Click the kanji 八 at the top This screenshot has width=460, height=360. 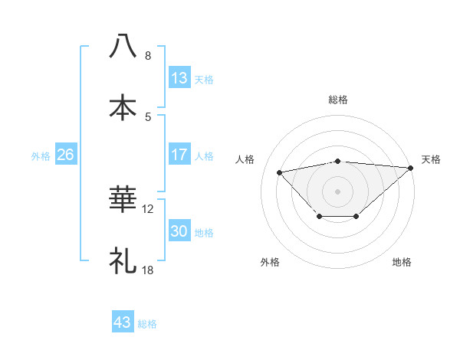123,46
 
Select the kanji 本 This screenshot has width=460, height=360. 123,107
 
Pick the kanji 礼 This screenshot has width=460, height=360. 123,261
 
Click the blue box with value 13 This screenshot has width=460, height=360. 179,78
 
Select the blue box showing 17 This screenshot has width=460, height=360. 179,155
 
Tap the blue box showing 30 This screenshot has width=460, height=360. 179,231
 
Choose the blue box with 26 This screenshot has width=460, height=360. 66,155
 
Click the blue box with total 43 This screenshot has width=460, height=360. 123,322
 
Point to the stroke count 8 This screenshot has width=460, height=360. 148,56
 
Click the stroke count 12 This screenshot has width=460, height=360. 149,208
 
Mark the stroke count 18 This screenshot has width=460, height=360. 149,270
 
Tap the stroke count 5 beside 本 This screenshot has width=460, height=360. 148,117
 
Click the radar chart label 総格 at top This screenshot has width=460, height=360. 338,100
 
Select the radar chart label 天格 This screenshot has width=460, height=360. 431,159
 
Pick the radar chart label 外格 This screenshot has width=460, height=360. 269,262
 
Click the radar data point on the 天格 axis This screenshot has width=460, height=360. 411,168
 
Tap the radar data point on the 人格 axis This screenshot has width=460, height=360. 280,172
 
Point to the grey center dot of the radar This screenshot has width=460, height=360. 338,190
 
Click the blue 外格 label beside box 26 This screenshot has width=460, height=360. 41,155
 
